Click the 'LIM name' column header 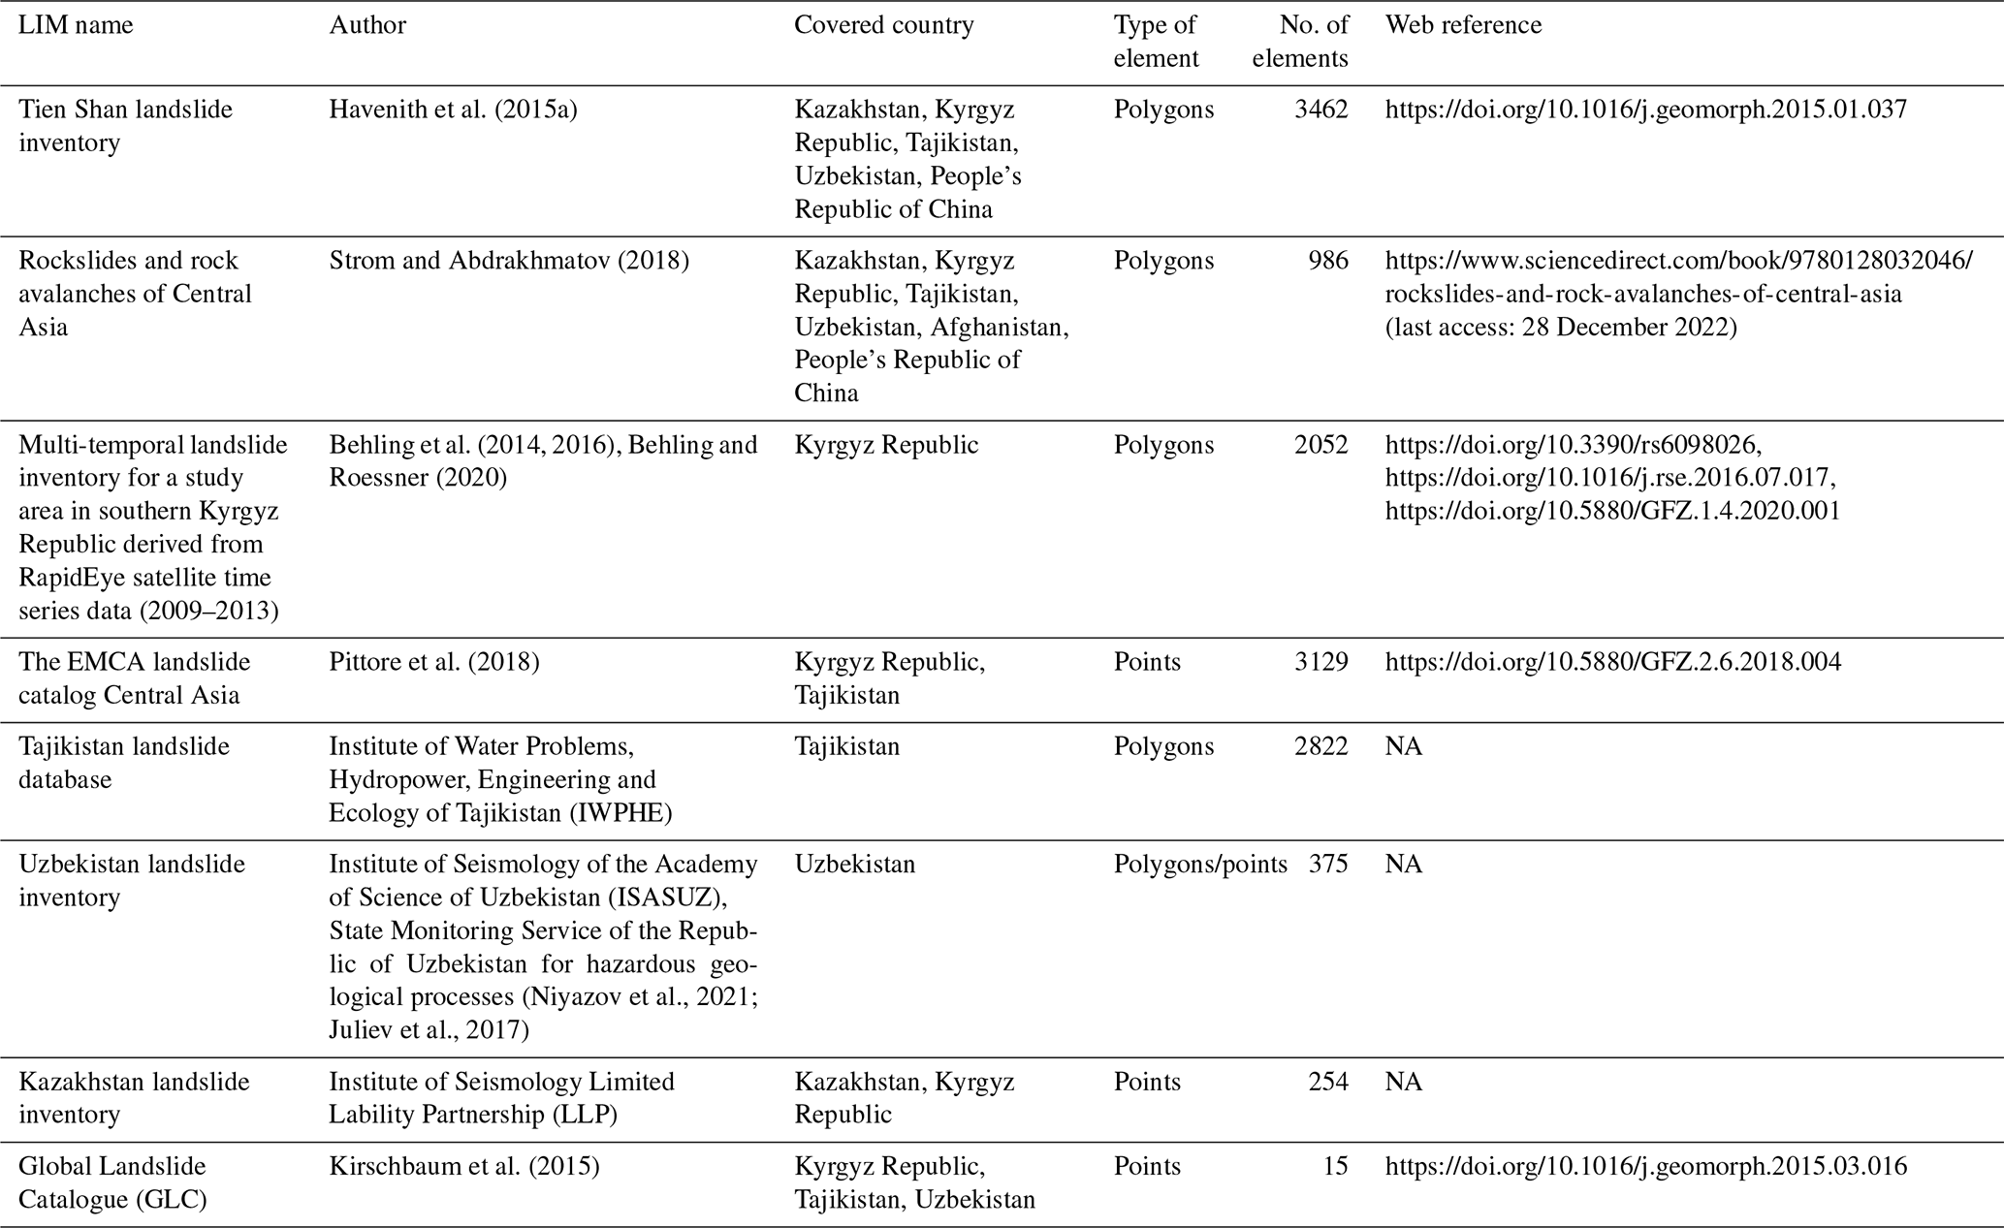click(x=76, y=25)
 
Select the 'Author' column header click(x=367, y=25)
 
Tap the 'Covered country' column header click(x=883, y=25)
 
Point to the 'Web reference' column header click(x=1463, y=25)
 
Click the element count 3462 click(x=1320, y=110)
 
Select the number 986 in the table click(x=1328, y=261)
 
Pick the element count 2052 click(x=1320, y=445)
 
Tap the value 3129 click(x=1320, y=662)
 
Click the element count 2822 click(x=1320, y=746)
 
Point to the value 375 click(x=1328, y=864)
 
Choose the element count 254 click(x=1328, y=1082)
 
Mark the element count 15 click(x=1335, y=1166)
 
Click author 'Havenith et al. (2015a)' click(x=453, y=110)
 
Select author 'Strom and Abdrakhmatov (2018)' click(x=509, y=261)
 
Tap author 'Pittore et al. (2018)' click(x=433, y=662)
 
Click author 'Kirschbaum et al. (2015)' click(x=463, y=1166)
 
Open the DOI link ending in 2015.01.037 click(x=1645, y=110)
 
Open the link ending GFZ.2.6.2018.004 click(x=1612, y=662)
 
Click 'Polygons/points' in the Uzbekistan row click(x=1200, y=864)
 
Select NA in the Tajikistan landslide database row click(x=1403, y=746)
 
